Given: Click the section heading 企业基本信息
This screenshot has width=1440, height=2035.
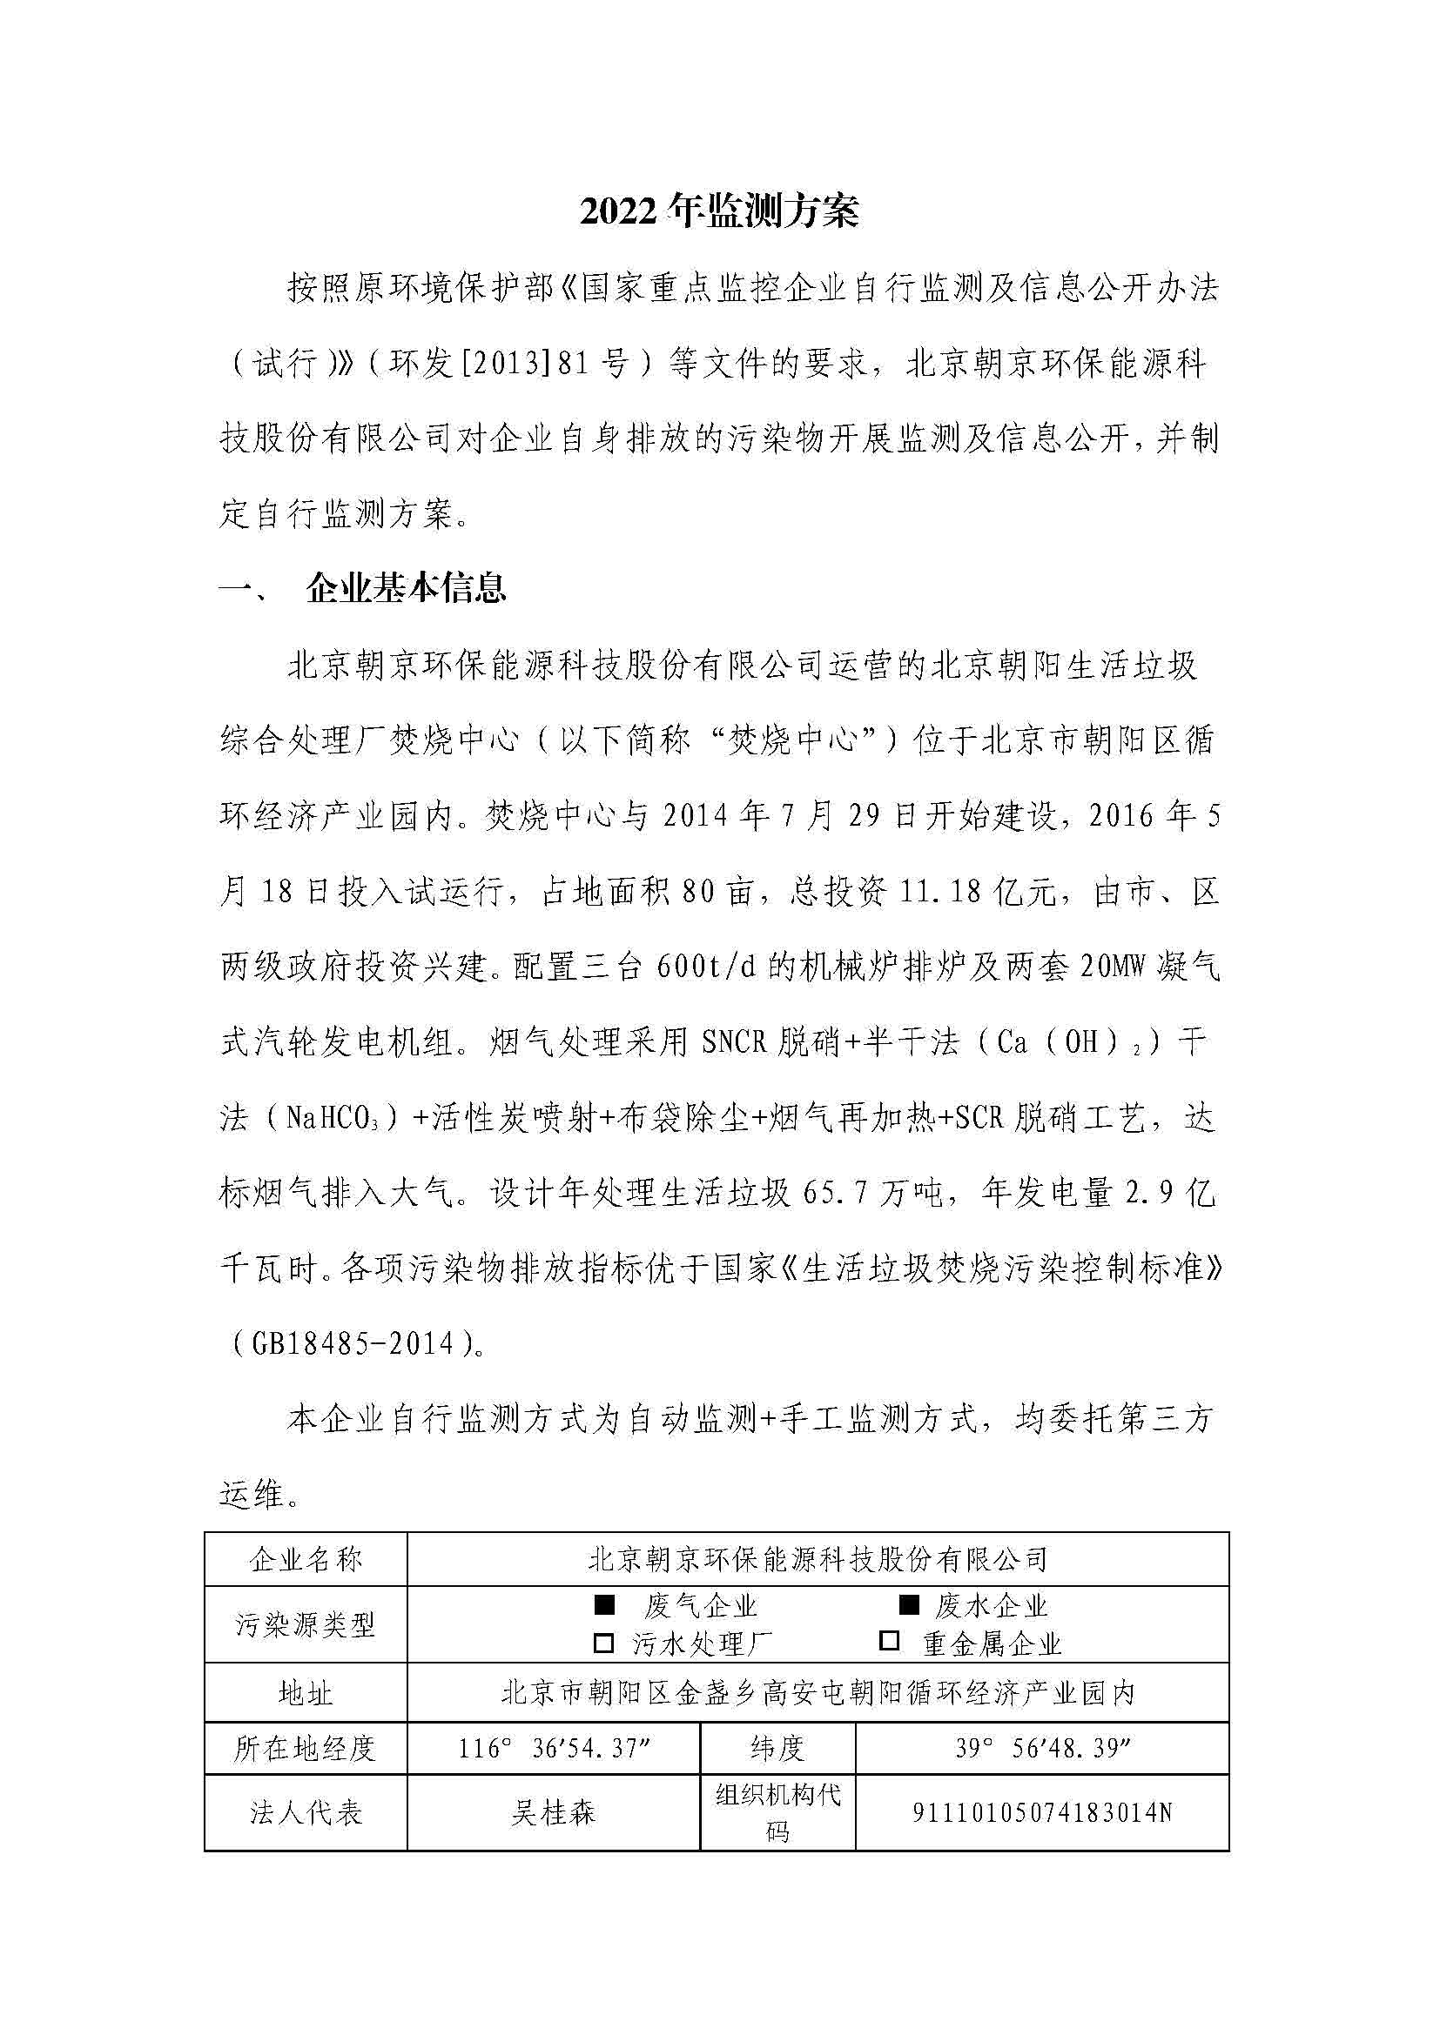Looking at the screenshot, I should click(405, 587).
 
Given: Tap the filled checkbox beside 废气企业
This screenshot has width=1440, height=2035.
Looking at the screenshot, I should click(605, 1605).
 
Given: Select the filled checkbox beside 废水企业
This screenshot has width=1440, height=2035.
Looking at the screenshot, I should click(909, 1605).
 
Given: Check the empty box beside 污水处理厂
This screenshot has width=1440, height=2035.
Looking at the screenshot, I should click(604, 1643).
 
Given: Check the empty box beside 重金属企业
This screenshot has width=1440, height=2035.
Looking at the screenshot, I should click(889, 1642).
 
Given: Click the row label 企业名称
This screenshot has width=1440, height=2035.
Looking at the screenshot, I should click(306, 1560).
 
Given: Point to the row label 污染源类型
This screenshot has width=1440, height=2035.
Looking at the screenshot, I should click(306, 1624).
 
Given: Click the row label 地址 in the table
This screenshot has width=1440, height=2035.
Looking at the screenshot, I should click(306, 1694).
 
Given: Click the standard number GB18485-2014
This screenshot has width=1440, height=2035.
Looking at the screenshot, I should click(353, 1344).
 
